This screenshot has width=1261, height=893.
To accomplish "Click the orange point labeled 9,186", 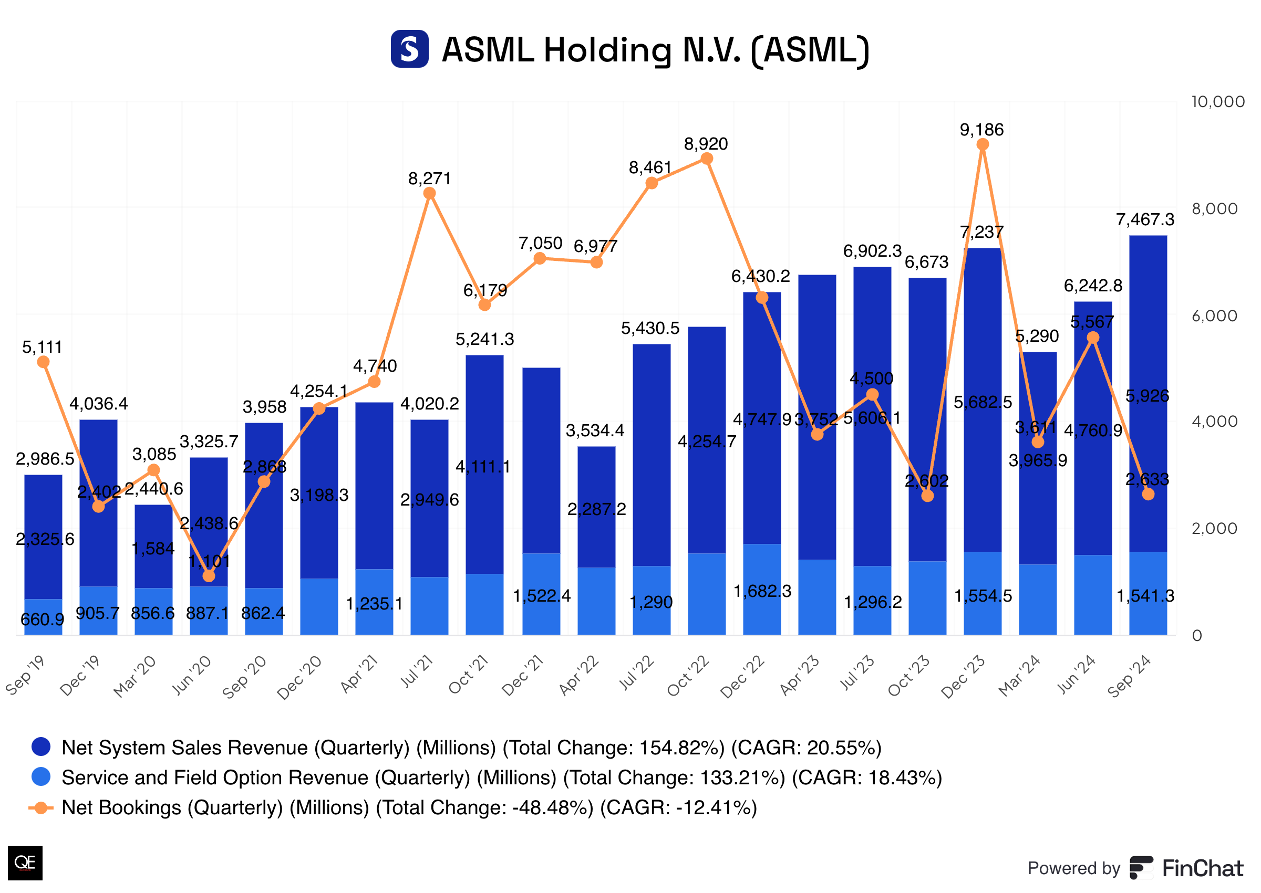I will (982, 144).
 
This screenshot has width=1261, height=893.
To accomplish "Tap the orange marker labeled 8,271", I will (430, 193).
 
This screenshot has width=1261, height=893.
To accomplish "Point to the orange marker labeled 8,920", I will (707, 159).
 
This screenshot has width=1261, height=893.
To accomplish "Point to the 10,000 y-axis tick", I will (1217, 102).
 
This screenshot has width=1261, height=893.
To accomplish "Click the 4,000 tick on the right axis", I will (1214, 422).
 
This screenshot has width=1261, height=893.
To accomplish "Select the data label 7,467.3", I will (1145, 220).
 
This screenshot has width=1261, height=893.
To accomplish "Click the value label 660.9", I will (43, 619).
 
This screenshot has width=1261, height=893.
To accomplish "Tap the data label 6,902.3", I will (872, 251).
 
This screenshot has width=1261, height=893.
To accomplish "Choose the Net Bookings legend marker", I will (40, 808).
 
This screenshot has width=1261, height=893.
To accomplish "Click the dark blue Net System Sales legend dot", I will (42, 747).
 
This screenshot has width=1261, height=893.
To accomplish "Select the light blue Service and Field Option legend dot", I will (42, 777).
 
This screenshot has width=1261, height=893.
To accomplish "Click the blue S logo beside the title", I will (409, 49).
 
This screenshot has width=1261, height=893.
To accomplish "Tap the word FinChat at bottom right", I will (1202, 868).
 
